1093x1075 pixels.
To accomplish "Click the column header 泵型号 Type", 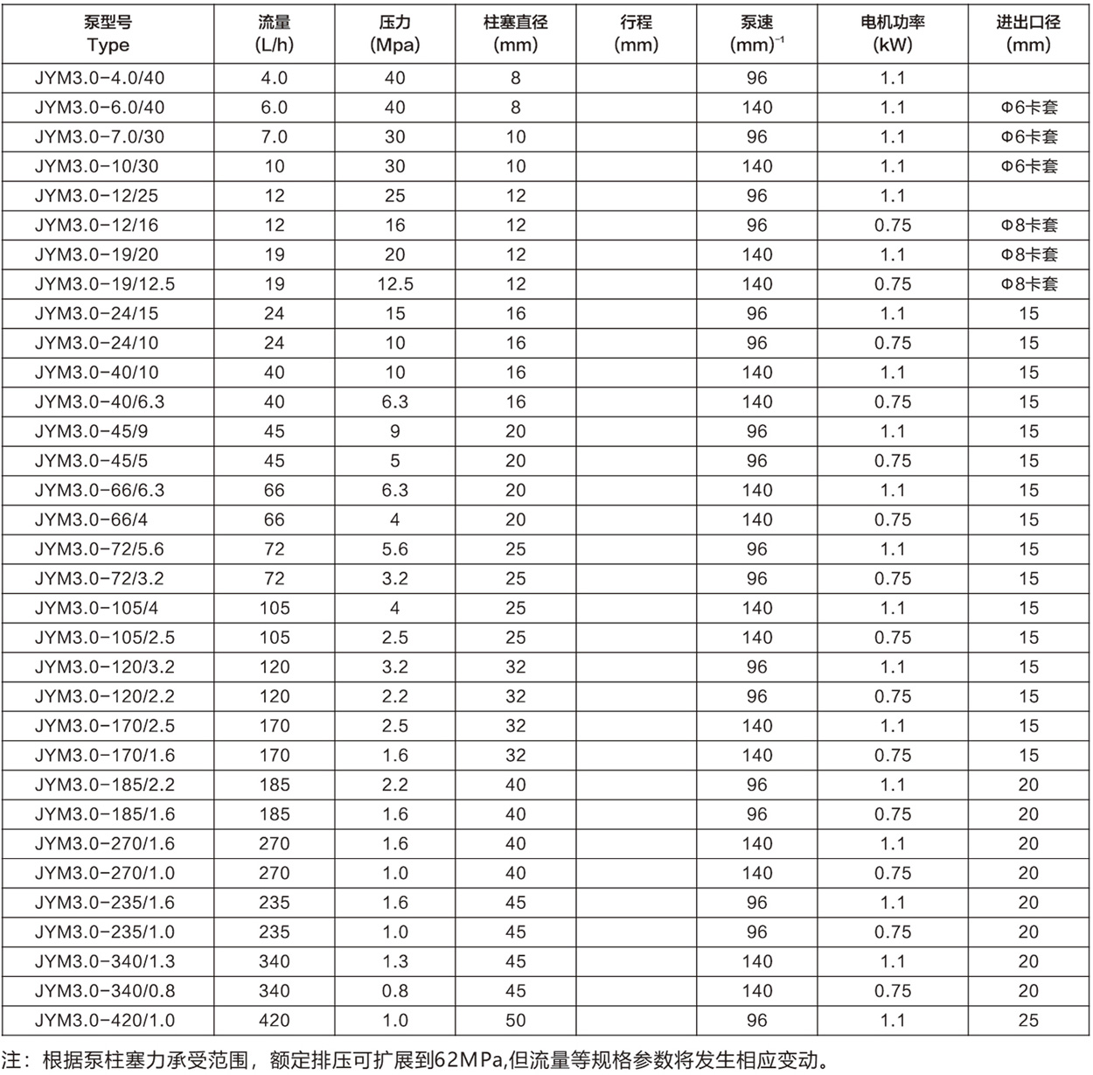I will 108,34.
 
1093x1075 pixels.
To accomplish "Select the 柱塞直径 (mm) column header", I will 515,34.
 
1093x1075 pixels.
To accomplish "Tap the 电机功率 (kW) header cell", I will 893,34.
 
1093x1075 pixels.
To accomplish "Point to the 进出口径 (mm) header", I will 1028,34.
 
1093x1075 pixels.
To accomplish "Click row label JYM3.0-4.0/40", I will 100,78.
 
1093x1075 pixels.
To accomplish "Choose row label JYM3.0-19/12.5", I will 105,284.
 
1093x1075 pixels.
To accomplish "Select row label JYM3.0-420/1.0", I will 105,1021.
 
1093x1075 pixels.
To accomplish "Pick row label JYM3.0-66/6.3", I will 100,491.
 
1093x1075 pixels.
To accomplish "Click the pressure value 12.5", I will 395,284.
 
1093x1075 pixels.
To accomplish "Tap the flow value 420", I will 275,1021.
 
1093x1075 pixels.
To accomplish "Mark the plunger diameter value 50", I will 516,1021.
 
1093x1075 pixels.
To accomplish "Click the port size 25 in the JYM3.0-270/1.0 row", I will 1028,874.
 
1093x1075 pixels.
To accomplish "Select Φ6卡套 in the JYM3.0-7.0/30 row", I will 1029,137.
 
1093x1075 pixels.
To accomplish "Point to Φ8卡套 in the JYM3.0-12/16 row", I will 1029,226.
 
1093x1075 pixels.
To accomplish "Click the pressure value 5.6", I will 395,549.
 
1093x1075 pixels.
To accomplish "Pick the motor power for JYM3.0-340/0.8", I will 893,991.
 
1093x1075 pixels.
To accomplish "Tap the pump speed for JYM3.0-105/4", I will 757,609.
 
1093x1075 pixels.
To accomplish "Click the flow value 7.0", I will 275,137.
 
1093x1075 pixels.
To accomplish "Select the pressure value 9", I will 395,432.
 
